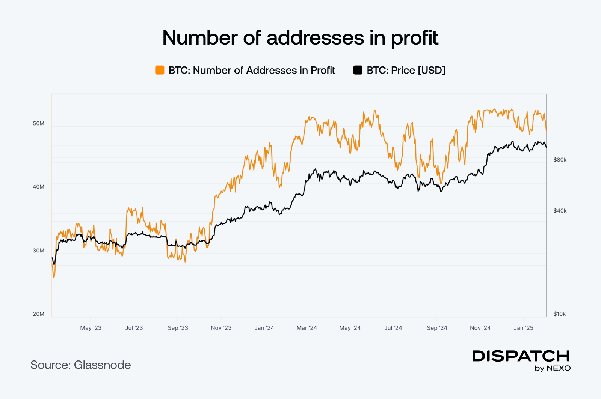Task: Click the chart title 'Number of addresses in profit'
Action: (x=300, y=38)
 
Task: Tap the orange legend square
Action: (x=160, y=70)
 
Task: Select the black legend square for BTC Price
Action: (x=358, y=70)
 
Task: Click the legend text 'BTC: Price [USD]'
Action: (x=406, y=70)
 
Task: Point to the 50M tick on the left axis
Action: (x=39, y=123)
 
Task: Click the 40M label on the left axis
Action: (x=39, y=187)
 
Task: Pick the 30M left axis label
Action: (x=39, y=250)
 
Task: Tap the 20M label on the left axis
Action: (x=39, y=314)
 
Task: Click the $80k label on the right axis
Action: (x=560, y=160)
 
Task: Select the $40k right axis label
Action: (x=560, y=211)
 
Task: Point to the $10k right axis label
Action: (x=559, y=314)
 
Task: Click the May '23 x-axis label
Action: (x=91, y=328)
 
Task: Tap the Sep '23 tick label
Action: (x=178, y=328)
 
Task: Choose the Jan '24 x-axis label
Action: (x=264, y=328)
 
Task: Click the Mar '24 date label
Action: (x=307, y=328)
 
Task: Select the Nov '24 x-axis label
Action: (x=480, y=328)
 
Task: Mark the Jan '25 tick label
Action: (x=523, y=328)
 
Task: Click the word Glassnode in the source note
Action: (x=102, y=365)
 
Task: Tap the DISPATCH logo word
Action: (x=521, y=356)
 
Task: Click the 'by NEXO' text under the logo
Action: (x=553, y=368)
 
